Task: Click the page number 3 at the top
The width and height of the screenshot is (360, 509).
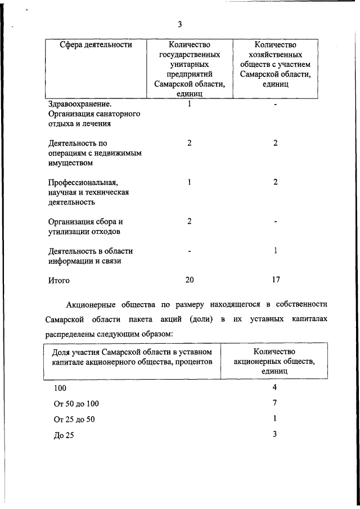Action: coord(179,24)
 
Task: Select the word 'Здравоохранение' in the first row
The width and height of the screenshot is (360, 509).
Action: coord(79,104)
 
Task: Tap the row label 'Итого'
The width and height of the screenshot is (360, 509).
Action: coord(59,280)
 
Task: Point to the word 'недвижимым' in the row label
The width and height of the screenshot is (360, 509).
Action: coord(117,154)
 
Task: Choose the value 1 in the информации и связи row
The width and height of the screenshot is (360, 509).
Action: coord(275,251)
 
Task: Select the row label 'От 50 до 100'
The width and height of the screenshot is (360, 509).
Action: coord(76,404)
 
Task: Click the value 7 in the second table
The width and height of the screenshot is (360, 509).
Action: coord(275,403)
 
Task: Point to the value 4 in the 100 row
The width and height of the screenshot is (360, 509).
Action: coord(275,388)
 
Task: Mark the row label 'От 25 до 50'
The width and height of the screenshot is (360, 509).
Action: coord(74,420)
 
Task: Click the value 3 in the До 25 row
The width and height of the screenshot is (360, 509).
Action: coord(275,434)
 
